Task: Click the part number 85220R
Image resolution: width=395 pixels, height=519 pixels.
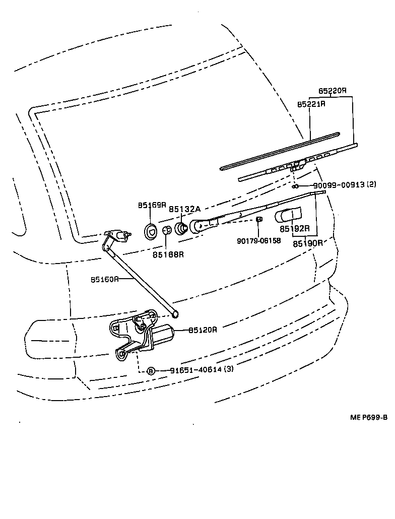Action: pos(332,91)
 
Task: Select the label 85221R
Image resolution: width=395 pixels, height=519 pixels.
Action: pos(311,104)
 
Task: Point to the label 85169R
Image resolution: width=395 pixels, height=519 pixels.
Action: pos(152,205)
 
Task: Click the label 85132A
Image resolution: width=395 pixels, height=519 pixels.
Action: pos(184,209)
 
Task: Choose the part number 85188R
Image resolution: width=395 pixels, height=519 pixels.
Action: pos(168,254)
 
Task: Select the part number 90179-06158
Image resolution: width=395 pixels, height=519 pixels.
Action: pos(258,240)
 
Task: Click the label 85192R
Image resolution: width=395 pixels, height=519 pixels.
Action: pos(294,229)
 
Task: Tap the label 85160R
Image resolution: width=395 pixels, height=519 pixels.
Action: pos(105,278)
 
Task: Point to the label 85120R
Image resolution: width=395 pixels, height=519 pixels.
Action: pos(203,330)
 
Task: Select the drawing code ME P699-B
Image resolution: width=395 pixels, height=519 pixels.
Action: pos(369,417)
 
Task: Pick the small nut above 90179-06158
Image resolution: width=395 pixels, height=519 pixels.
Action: pos(258,220)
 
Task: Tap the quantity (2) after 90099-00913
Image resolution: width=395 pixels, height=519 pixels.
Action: pos(371,185)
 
